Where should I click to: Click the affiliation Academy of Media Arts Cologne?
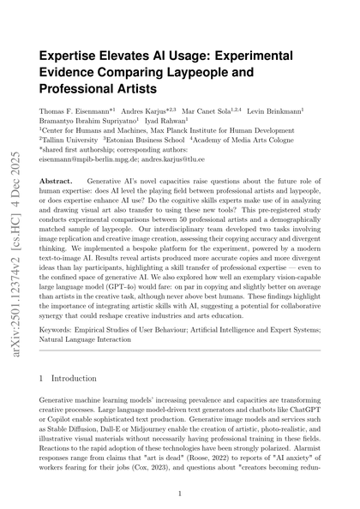click(x=239, y=139)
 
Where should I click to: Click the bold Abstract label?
click(x=57, y=183)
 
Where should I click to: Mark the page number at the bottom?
click(x=179, y=494)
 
